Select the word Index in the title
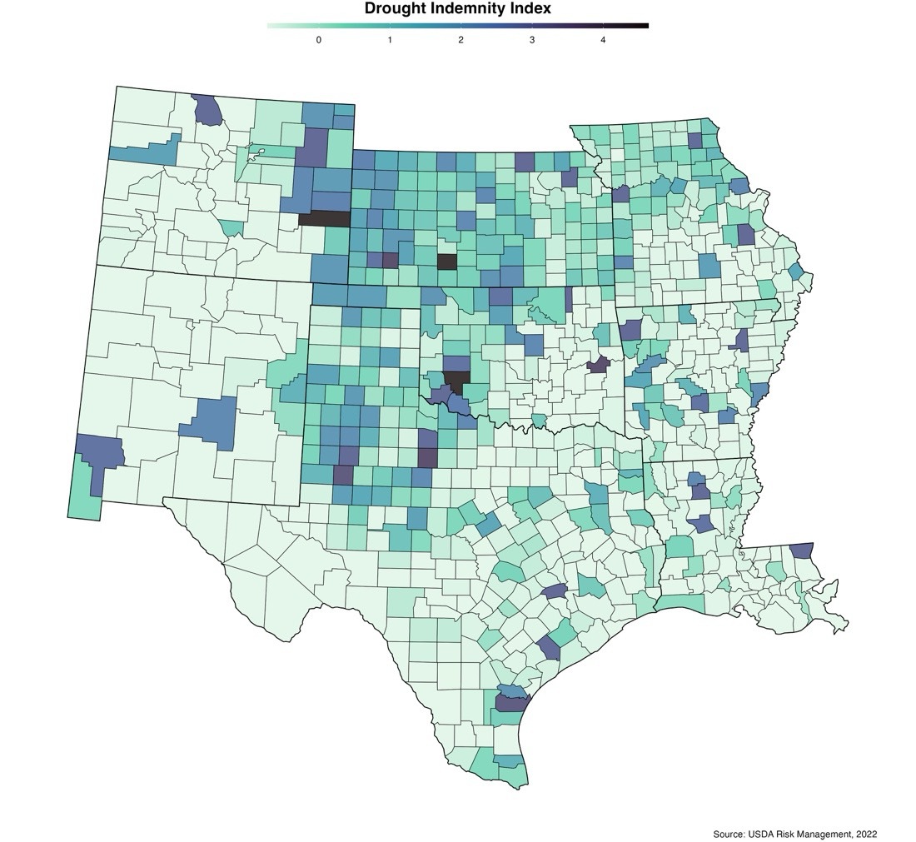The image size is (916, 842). (532, 9)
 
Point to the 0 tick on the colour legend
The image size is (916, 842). (319, 39)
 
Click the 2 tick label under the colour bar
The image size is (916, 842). (460, 39)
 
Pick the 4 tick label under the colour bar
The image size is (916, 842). (603, 39)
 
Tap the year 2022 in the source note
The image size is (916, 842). (863, 834)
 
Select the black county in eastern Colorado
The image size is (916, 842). (324, 219)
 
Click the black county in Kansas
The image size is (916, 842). (447, 261)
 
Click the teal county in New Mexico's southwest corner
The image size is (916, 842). (82, 496)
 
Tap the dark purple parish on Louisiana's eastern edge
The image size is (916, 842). (801, 551)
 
